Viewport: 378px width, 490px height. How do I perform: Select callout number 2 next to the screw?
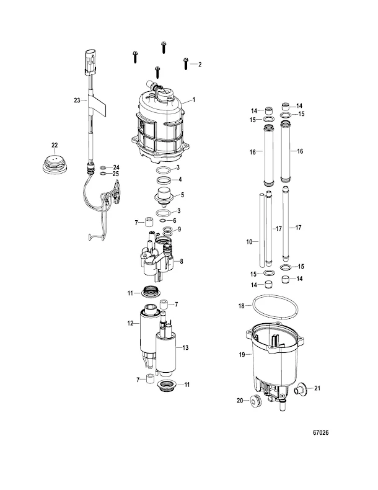(x=200, y=65)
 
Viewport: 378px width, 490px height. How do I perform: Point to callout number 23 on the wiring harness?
(x=76, y=99)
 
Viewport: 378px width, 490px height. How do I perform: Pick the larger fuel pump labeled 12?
(x=149, y=332)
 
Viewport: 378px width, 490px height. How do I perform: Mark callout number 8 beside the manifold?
(x=182, y=262)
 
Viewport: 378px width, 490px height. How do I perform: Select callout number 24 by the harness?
(x=115, y=167)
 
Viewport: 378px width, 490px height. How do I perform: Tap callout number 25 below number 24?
(x=115, y=175)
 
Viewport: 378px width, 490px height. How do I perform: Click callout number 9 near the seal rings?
(x=180, y=229)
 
